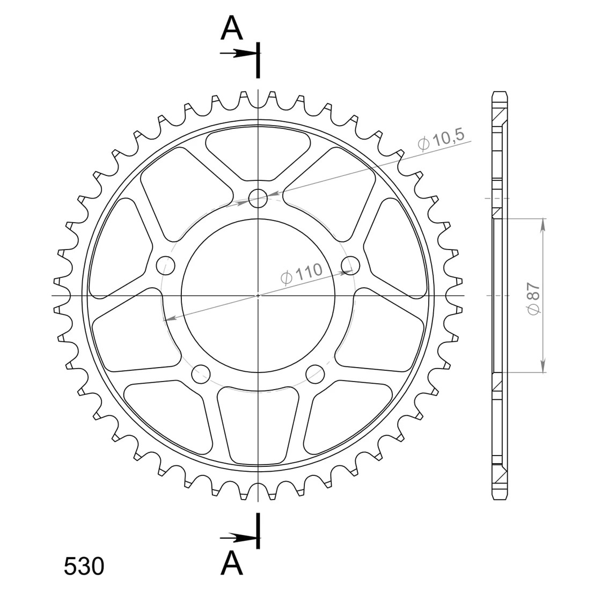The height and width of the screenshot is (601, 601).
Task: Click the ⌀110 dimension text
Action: (302, 273)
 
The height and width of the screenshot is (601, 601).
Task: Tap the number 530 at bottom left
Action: (84, 566)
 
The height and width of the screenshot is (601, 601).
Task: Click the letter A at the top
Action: (232, 29)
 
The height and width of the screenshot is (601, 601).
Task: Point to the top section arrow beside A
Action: (238, 54)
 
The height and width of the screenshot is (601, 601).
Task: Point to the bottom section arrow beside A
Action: (238, 538)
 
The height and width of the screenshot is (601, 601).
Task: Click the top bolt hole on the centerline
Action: (258, 198)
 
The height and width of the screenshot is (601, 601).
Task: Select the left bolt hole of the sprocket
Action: (166, 265)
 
